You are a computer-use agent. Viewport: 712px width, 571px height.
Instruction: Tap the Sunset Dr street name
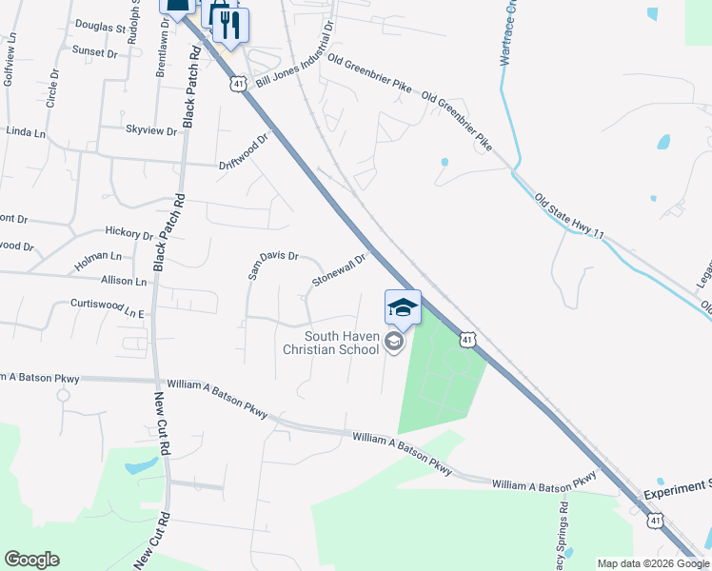coord(93,53)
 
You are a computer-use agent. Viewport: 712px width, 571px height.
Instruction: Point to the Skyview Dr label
coord(151,129)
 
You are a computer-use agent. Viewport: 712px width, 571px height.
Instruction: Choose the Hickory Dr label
coord(129,233)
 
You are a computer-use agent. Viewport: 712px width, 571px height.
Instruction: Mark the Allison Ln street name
coord(124,282)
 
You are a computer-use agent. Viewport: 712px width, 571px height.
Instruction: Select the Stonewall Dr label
coord(339,270)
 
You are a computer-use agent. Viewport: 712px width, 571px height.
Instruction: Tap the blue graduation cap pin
coord(403,307)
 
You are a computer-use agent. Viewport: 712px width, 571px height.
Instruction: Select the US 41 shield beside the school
coord(466,339)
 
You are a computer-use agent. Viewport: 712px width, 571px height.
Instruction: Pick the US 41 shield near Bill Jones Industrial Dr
coord(238,84)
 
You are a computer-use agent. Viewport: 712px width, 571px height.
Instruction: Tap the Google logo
coord(31,560)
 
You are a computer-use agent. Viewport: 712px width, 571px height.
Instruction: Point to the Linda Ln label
coord(27,132)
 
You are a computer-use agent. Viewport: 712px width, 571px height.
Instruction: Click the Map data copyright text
coord(652,563)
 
